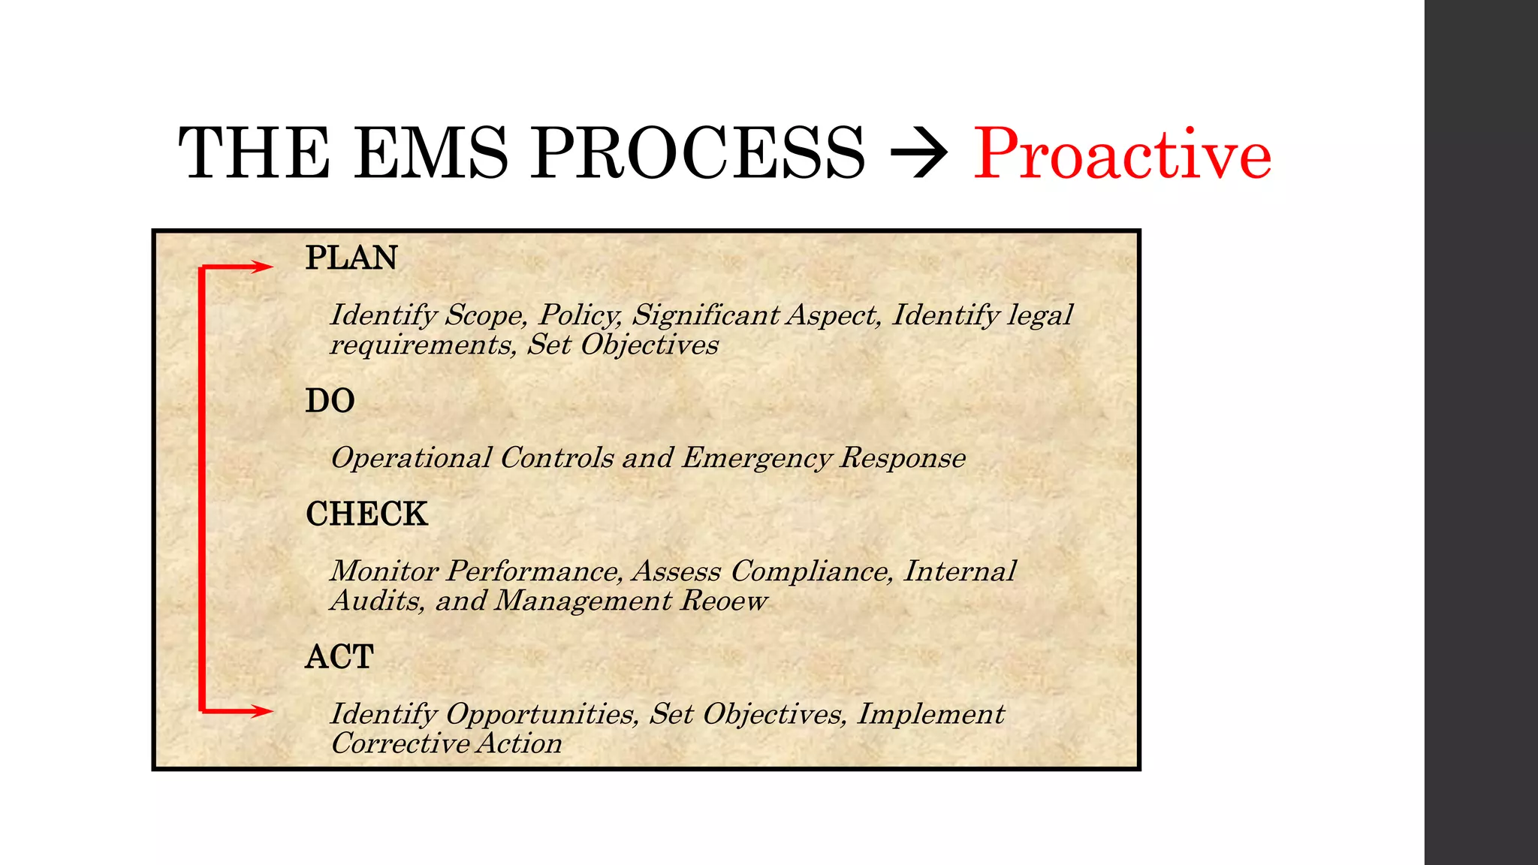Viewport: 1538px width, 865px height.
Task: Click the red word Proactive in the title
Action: [x=1122, y=155]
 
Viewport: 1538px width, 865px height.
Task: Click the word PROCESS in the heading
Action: [x=698, y=153]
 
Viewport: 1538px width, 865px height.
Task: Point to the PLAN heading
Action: [x=351, y=258]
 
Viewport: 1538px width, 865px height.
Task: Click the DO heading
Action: [x=330, y=401]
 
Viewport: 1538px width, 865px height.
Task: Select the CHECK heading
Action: [x=366, y=514]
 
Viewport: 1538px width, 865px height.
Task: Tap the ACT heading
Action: [x=339, y=657]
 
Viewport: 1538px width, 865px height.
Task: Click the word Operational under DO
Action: [x=412, y=458]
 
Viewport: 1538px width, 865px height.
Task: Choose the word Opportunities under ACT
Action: [x=541, y=714]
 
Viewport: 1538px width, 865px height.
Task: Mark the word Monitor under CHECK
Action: [x=384, y=572]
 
